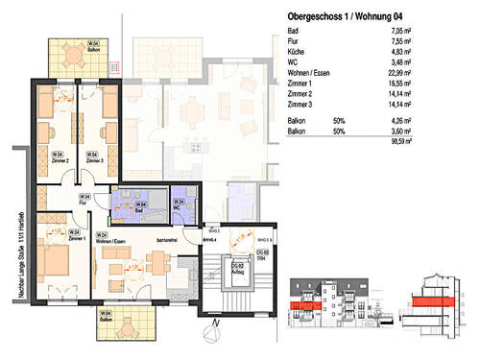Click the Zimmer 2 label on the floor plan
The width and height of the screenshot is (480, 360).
tap(60, 161)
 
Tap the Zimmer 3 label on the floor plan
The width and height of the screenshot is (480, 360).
tap(94, 161)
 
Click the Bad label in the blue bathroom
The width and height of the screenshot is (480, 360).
tap(141, 206)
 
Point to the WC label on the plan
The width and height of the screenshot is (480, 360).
tap(178, 205)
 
